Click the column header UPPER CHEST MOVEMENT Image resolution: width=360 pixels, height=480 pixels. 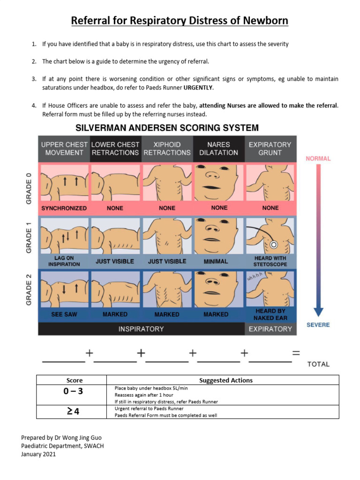64,149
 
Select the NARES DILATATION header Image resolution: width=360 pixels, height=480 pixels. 219,149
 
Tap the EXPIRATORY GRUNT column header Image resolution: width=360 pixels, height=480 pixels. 270,149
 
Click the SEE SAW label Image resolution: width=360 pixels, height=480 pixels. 64,315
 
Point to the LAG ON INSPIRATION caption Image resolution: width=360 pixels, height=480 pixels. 64,261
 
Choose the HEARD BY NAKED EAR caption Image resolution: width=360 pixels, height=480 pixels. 270,315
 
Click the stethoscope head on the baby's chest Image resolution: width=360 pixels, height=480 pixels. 273,245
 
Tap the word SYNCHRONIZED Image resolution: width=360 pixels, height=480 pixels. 64,208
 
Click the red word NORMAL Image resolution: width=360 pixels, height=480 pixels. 318,159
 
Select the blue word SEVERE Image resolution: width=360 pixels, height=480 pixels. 318,325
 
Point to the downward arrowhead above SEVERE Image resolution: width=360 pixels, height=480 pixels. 318,313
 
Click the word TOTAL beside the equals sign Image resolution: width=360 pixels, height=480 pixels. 318,364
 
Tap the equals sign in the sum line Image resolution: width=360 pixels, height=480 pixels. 296,354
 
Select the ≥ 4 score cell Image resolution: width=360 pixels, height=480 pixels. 71,412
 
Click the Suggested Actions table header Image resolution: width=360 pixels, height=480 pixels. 226,380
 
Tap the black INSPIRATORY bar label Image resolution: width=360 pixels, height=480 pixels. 141,329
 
